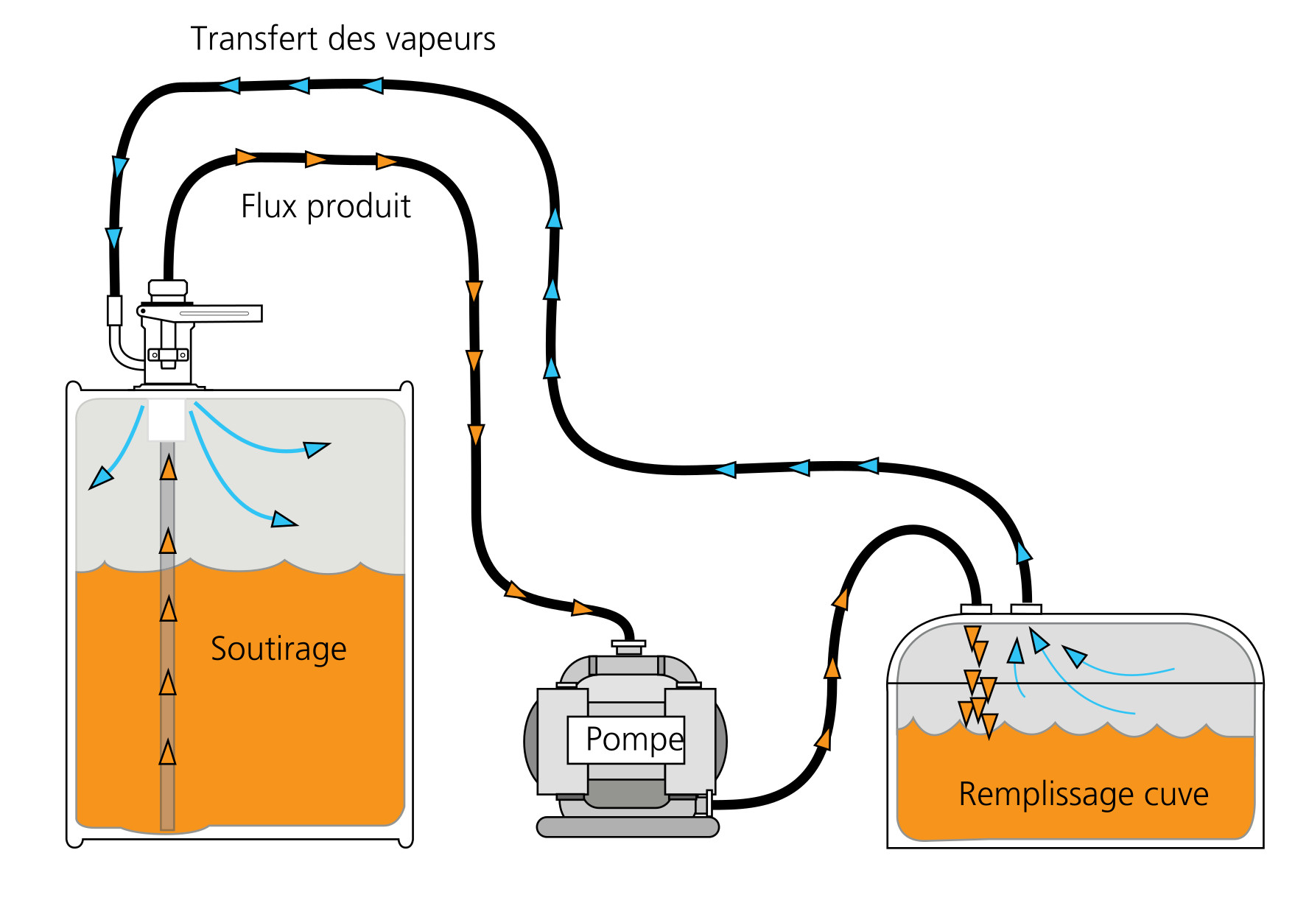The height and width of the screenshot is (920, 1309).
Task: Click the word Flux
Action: (x=269, y=206)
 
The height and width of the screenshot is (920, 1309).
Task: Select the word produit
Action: (x=359, y=208)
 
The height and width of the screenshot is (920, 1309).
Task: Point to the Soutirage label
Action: (x=278, y=649)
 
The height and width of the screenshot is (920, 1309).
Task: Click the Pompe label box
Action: (x=626, y=740)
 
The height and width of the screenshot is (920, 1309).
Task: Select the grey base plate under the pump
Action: (x=628, y=827)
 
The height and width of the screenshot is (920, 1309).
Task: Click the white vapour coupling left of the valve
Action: (x=115, y=310)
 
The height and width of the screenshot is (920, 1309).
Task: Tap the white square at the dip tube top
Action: (x=166, y=419)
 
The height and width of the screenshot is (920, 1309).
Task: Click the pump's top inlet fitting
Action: (x=628, y=646)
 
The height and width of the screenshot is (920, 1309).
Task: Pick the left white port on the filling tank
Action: (x=976, y=609)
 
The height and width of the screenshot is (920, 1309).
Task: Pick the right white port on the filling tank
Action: (x=1026, y=608)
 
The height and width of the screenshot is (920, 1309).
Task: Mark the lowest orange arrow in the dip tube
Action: (x=168, y=753)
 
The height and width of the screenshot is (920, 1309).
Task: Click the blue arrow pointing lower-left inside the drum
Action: (x=100, y=478)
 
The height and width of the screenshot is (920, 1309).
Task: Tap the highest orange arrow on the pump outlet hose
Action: (x=841, y=598)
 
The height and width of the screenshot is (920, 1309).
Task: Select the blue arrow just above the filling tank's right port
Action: (x=1023, y=552)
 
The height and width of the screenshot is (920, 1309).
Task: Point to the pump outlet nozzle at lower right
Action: (x=708, y=802)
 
